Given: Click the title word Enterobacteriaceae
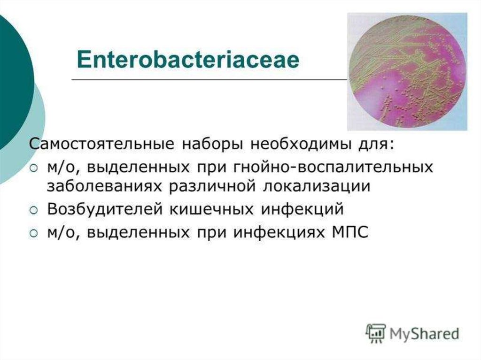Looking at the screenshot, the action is point(188,60).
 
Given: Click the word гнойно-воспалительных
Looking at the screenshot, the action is point(333,168).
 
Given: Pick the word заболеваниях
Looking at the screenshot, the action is point(104,187).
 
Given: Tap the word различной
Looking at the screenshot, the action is point(212,187).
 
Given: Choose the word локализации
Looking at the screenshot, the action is point(317,187).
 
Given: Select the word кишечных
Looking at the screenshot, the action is point(212,209).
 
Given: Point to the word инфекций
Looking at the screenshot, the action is point(302,209).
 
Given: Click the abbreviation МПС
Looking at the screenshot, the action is point(350,232).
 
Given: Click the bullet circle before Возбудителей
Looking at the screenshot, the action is point(34,210).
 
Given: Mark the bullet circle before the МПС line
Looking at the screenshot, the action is point(34,233).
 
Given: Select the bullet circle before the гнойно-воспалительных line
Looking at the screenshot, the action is point(34,168).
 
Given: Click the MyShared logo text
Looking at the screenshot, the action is point(424,334).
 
